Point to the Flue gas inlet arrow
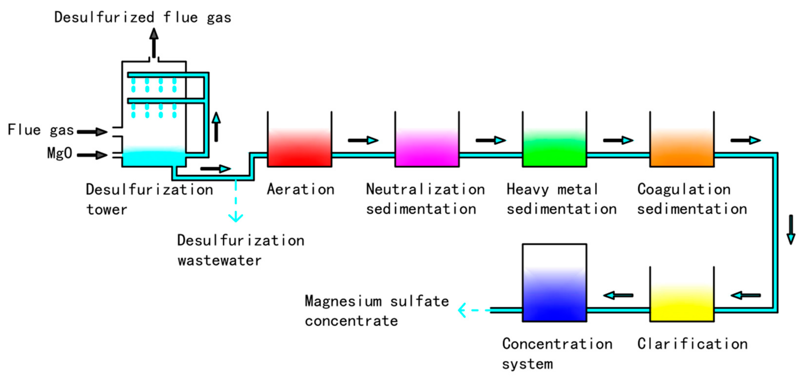(92, 132)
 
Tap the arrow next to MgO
(92, 155)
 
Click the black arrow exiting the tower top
(154, 42)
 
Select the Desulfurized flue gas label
(143, 17)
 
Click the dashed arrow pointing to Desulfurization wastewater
(236, 200)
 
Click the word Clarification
(692, 344)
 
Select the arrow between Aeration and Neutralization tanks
(363, 140)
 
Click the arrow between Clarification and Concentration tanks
(618, 295)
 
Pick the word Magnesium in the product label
(343, 301)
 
